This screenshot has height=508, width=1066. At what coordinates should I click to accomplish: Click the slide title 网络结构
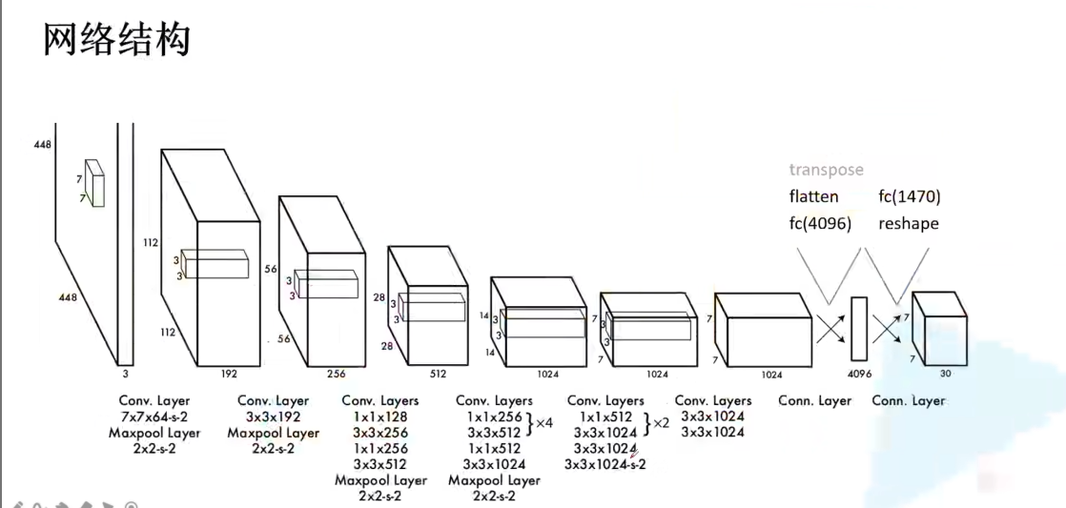pyautogui.click(x=117, y=41)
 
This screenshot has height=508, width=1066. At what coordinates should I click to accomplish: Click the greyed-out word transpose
pyautogui.click(x=826, y=170)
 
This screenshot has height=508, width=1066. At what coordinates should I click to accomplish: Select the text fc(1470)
pyautogui.click(x=910, y=197)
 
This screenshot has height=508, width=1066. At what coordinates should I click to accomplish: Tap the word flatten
pyautogui.click(x=813, y=197)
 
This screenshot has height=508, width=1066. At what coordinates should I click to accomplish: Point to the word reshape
pyautogui.click(x=909, y=224)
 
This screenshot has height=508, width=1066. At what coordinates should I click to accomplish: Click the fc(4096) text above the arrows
pyautogui.click(x=820, y=224)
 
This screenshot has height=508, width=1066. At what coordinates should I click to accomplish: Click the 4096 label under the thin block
pyautogui.click(x=859, y=374)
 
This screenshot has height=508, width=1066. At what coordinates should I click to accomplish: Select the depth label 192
pyautogui.click(x=228, y=375)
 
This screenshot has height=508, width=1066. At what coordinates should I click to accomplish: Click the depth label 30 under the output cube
pyautogui.click(x=944, y=374)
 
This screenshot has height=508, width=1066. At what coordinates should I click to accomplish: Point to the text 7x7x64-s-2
pyautogui.click(x=154, y=417)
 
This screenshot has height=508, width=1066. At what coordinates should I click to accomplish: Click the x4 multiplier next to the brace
pyautogui.click(x=545, y=423)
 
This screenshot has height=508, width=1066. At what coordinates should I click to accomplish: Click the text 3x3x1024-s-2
pyautogui.click(x=605, y=465)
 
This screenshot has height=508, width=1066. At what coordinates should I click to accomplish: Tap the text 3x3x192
pyautogui.click(x=274, y=417)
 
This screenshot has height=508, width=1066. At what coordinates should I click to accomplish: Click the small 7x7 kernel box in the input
pyautogui.click(x=93, y=181)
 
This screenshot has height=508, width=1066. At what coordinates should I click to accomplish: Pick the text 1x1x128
pyautogui.click(x=379, y=417)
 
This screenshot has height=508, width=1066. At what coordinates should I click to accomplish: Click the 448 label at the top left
pyautogui.click(x=41, y=145)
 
